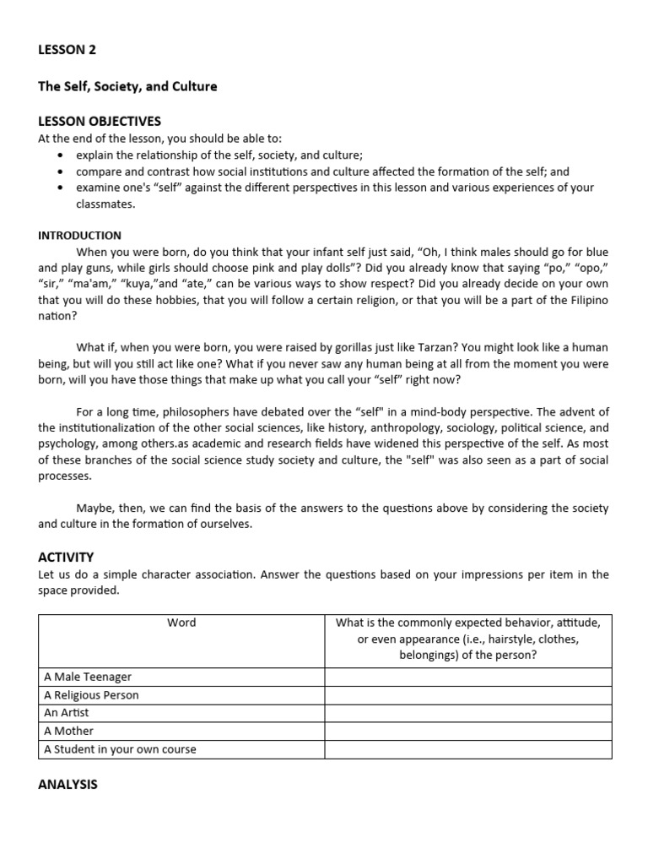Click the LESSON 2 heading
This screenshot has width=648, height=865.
click(x=67, y=50)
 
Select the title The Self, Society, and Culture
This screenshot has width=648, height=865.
click(x=127, y=86)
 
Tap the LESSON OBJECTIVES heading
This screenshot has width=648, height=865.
click(x=100, y=122)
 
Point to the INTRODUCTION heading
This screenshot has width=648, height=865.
click(x=79, y=236)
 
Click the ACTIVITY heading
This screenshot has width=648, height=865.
click(x=66, y=557)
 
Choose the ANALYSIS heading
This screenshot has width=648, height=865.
click(x=67, y=784)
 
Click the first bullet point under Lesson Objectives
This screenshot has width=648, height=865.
click(x=60, y=155)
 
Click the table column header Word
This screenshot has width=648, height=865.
click(x=181, y=623)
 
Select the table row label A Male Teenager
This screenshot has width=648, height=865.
click(x=88, y=677)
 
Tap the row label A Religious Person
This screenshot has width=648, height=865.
click(x=91, y=695)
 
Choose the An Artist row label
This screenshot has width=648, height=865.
click(x=67, y=713)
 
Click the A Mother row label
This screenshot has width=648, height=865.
click(x=69, y=731)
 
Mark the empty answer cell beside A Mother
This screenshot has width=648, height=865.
click(x=467, y=731)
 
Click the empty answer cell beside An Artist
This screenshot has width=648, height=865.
click(x=467, y=713)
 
